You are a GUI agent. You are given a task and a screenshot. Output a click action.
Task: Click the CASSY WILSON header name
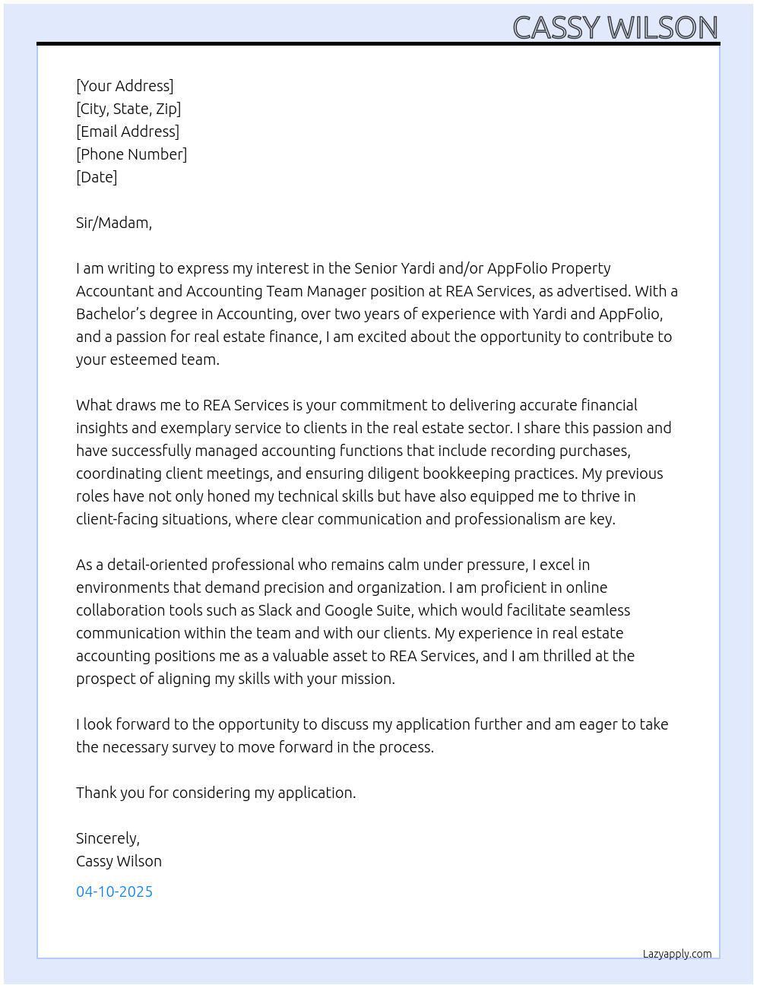[x=615, y=27]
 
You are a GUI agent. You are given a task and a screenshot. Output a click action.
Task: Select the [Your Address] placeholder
[x=125, y=86]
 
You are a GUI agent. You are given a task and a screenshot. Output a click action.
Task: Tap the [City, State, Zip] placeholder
[x=128, y=109]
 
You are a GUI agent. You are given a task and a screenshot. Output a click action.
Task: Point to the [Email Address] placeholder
[x=128, y=131]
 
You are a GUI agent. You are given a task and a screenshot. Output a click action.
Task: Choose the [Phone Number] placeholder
[x=131, y=154]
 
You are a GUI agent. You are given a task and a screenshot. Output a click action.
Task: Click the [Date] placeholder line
[x=97, y=177]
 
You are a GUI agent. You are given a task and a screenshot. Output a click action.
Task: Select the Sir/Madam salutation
[x=114, y=223]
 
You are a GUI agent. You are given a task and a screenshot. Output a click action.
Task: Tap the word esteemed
[x=143, y=359]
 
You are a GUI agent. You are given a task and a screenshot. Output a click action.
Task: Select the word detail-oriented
[x=157, y=565]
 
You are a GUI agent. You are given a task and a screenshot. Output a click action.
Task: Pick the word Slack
[x=275, y=610]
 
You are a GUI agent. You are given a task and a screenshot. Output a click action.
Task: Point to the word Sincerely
[x=107, y=838]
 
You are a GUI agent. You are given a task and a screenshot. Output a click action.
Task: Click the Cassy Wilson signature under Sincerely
[x=119, y=861]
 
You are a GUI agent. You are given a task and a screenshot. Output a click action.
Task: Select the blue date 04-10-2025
[x=114, y=891]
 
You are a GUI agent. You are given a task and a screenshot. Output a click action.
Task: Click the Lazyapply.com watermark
[x=677, y=954]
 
